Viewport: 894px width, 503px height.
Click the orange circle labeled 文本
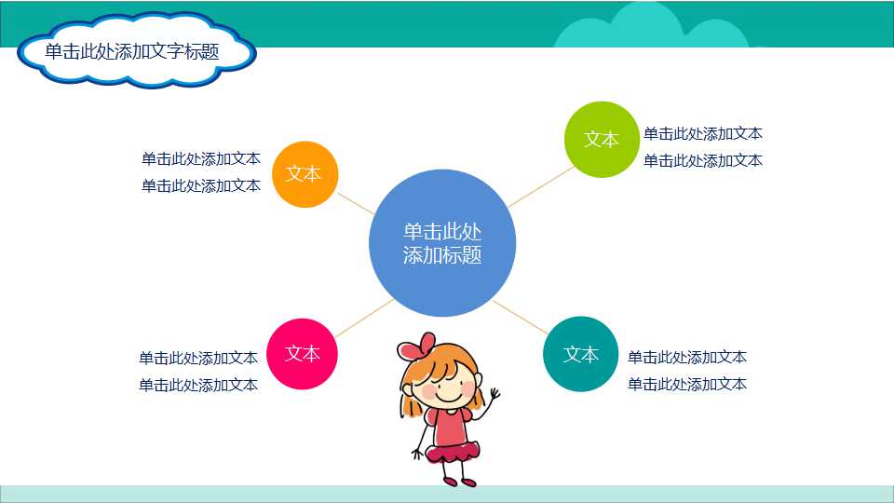click(305, 174)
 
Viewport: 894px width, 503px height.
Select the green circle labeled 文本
click(602, 140)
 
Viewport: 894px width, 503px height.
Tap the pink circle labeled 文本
click(302, 354)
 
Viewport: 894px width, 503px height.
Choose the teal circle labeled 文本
click(580, 354)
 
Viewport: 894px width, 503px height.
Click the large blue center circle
click(441, 243)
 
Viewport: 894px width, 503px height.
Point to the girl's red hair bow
click(415, 347)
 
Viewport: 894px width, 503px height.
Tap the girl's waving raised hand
click(493, 398)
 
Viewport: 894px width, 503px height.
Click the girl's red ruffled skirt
click(453, 452)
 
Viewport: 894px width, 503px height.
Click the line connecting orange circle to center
click(355, 204)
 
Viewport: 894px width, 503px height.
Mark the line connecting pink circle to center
click(363, 319)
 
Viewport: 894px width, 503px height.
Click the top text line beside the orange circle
click(200, 158)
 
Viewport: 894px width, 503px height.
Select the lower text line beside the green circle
click(703, 160)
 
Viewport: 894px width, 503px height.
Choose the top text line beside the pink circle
click(198, 358)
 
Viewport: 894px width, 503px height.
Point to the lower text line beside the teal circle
click(687, 384)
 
